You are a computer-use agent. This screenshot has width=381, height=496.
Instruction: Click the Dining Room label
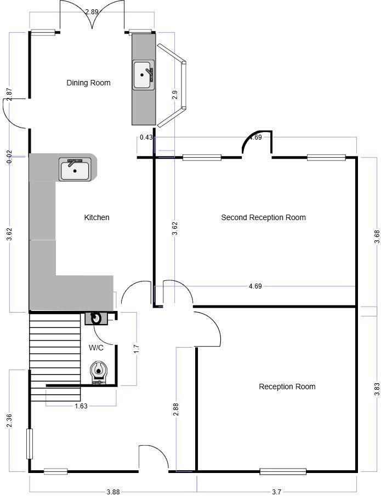88,83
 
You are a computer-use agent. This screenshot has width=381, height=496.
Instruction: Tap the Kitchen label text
96,217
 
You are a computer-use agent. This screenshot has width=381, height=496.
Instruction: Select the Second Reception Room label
263,217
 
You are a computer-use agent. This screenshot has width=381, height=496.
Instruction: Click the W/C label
96,347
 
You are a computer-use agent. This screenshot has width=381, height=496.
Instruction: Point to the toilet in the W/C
99,372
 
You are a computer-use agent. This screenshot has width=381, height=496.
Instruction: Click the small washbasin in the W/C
96,318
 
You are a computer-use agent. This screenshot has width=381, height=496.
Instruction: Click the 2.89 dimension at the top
92,11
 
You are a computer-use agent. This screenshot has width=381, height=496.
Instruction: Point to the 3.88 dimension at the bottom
112,492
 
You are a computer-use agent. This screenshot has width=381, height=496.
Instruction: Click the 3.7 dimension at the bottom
277,492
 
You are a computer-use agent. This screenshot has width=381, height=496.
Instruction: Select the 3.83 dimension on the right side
376,388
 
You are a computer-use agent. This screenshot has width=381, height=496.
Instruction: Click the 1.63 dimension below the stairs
80,406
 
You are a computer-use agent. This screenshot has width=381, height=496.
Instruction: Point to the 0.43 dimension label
146,137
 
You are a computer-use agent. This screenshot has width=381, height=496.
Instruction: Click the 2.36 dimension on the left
9,421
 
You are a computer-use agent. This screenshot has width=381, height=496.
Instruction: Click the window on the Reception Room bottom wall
283,471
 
